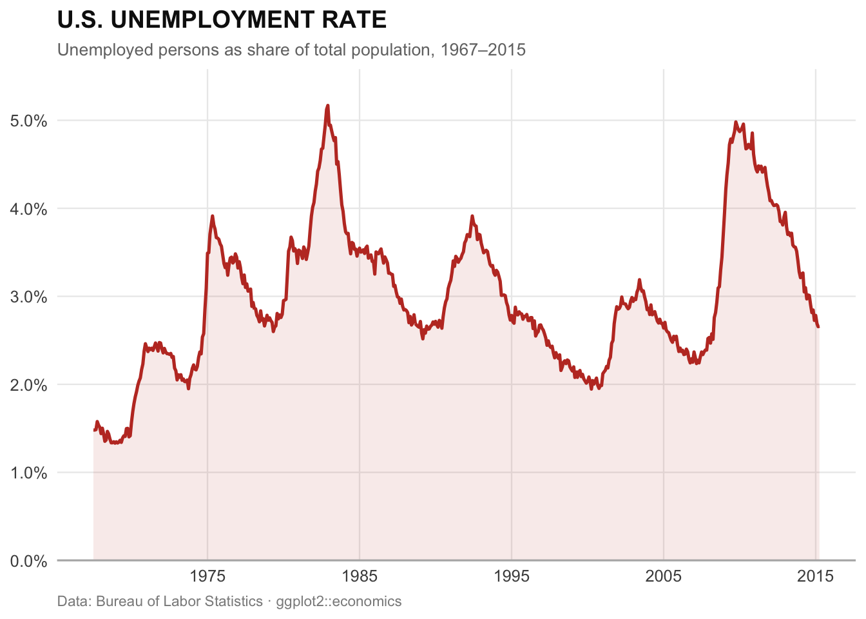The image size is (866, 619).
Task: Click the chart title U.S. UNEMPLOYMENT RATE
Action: point(222,21)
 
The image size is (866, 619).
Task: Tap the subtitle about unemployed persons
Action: point(291,50)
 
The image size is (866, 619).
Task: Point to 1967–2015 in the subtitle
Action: point(483,50)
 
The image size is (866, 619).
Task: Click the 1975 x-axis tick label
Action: point(207,576)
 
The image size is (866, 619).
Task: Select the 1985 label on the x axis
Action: point(360,576)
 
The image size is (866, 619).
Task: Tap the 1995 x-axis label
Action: point(512,576)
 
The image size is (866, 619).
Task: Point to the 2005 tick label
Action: point(664,576)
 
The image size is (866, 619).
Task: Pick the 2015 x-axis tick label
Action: point(816,576)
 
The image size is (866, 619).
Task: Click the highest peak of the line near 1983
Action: point(328,105)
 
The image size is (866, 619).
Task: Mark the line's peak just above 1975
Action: point(212,216)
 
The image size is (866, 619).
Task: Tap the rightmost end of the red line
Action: point(818,327)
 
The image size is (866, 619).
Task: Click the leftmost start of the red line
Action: point(94,430)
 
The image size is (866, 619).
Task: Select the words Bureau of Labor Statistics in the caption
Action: point(180,602)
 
